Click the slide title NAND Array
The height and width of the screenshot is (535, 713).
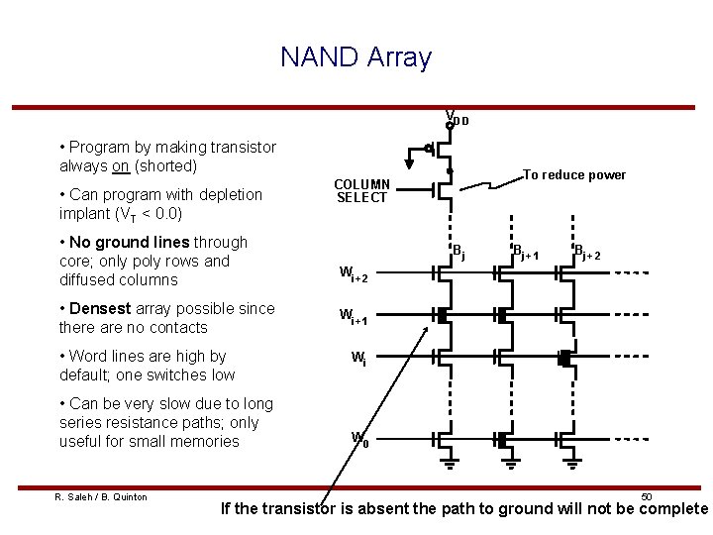(x=356, y=56)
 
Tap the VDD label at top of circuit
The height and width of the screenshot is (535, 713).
(x=457, y=118)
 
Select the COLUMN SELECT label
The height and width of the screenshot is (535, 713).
(x=361, y=190)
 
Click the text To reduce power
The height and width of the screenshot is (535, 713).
(x=574, y=175)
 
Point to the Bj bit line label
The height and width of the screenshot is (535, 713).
(x=458, y=252)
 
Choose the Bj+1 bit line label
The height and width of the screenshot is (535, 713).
(x=525, y=252)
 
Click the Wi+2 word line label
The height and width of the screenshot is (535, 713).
(x=354, y=274)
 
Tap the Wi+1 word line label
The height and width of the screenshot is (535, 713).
(x=354, y=317)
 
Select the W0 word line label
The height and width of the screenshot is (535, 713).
(x=360, y=439)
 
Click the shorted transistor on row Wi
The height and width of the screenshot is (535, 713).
(x=564, y=359)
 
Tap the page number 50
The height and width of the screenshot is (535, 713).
(x=646, y=495)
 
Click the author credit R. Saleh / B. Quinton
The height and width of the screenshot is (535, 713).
(x=100, y=496)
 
